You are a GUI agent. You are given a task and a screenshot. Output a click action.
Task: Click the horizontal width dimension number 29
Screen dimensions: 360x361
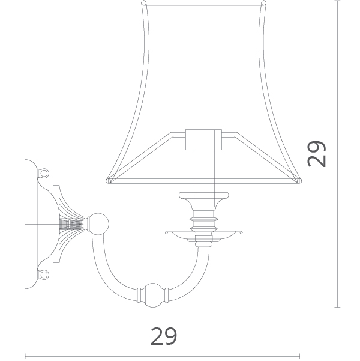[x=164, y=336]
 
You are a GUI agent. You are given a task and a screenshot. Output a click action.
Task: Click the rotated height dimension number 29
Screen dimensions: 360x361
[x=317, y=154]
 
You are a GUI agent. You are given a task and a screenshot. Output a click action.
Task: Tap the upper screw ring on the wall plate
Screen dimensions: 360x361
[x=44, y=172]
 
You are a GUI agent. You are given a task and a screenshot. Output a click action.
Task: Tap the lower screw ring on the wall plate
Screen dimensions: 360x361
[x=44, y=275]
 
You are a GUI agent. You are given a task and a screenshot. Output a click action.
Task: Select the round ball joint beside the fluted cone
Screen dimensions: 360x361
[x=98, y=224]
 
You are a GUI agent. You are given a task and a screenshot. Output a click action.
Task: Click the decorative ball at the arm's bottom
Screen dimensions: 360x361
[x=153, y=296]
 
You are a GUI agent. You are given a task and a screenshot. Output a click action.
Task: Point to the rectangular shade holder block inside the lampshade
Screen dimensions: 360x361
[x=203, y=139]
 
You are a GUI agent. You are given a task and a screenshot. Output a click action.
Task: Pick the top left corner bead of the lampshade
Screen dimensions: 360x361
[x=143, y=3]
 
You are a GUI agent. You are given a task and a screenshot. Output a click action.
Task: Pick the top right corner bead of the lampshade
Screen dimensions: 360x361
[x=264, y=3]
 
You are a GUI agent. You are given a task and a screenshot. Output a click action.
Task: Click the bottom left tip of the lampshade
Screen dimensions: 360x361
[x=107, y=181]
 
